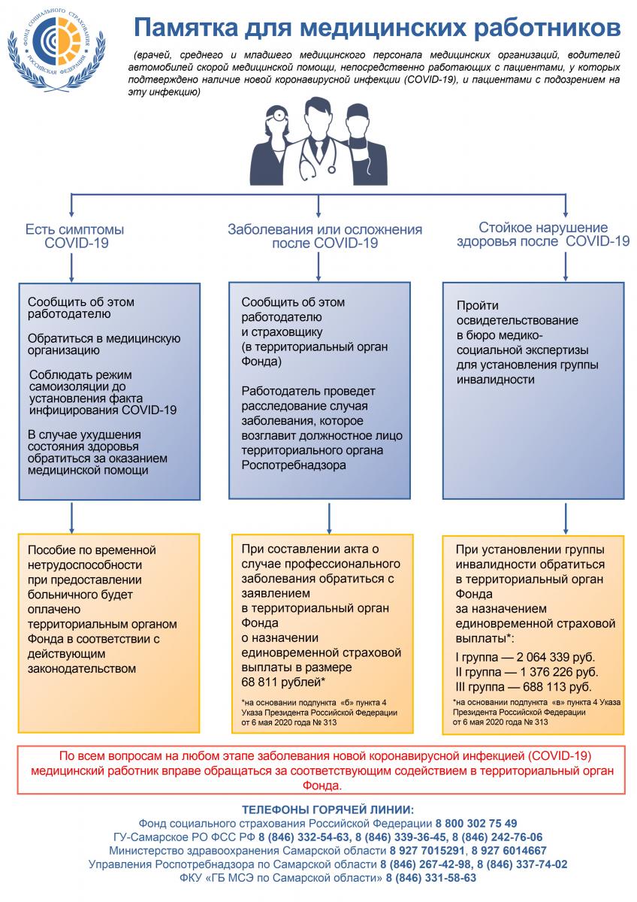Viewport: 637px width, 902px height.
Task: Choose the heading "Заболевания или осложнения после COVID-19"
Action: [x=325, y=236]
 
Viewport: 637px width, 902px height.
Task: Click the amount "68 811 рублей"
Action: [x=281, y=682]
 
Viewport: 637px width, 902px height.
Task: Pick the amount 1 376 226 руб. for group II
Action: [x=560, y=671]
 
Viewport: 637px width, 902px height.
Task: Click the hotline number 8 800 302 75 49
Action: [x=476, y=823]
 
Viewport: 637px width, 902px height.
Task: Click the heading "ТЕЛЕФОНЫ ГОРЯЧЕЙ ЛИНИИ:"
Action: [x=328, y=809]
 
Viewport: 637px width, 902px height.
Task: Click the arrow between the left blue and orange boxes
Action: [x=71, y=516]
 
